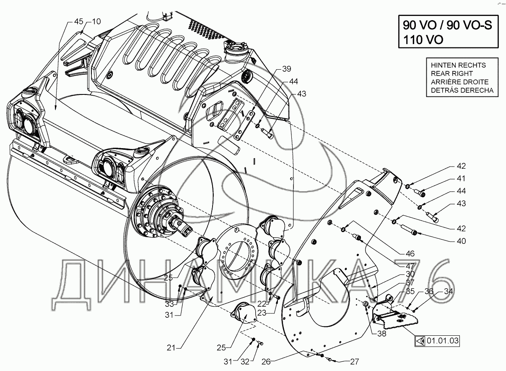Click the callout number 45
pyautogui.click(x=79, y=21)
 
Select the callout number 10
pyautogui.click(x=96, y=21)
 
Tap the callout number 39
pyautogui.click(x=287, y=69)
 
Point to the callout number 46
pyautogui.click(x=410, y=253)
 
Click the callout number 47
pyautogui.click(x=410, y=266)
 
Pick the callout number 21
pyautogui.click(x=171, y=347)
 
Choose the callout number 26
pyautogui.click(x=266, y=362)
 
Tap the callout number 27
pyautogui.click(x=354, y=362)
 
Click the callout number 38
pyautogui.click(x=381, y=333)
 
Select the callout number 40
pyautogui.click(x=461, y=241)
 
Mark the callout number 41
pyautogui.click(x=461, y=178)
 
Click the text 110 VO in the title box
pyautogui.click(x=423, y=40)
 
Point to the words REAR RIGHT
pyautogui.click(x=452, y=73)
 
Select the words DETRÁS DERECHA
pyautogui.click(x=462, y=90)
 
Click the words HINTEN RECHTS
pyautogui.click(x=458, y=65)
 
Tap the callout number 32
pyautogui.click(x=245, y=362)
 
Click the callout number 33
pyautogui.click(x=169, y=304)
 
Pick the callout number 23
pyautogui.click(x=262, y=313)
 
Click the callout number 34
pyautogui.click(x=449, y=291)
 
